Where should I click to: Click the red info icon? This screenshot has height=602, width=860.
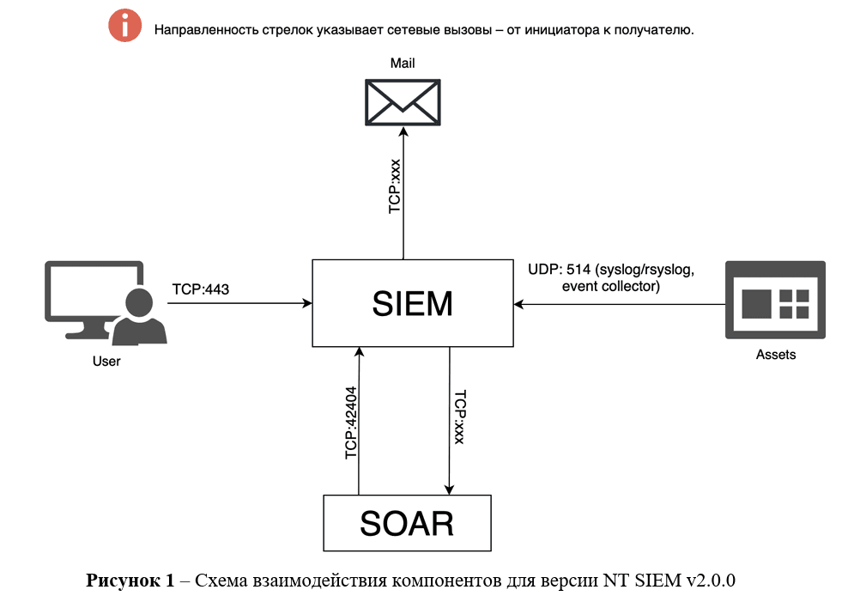click(125, 27)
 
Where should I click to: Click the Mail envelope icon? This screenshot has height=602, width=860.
click(402, 102)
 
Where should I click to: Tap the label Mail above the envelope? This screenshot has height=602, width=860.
click(403, 64)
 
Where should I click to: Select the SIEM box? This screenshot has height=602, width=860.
click(412, 302)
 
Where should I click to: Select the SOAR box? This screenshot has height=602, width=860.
click(407, 523)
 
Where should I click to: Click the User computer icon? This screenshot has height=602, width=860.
click(103, 302)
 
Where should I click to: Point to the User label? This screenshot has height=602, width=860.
click(106, 362)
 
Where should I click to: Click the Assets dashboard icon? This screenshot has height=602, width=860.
click(775, 301)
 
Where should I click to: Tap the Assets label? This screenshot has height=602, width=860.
click(775, 354)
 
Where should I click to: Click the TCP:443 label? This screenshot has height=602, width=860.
click(201, 290)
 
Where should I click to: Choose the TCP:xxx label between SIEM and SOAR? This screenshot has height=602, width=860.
click(459, 417)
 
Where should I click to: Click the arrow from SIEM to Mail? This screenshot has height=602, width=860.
click(403, 193)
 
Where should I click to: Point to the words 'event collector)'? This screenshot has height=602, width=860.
click(610, 287)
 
